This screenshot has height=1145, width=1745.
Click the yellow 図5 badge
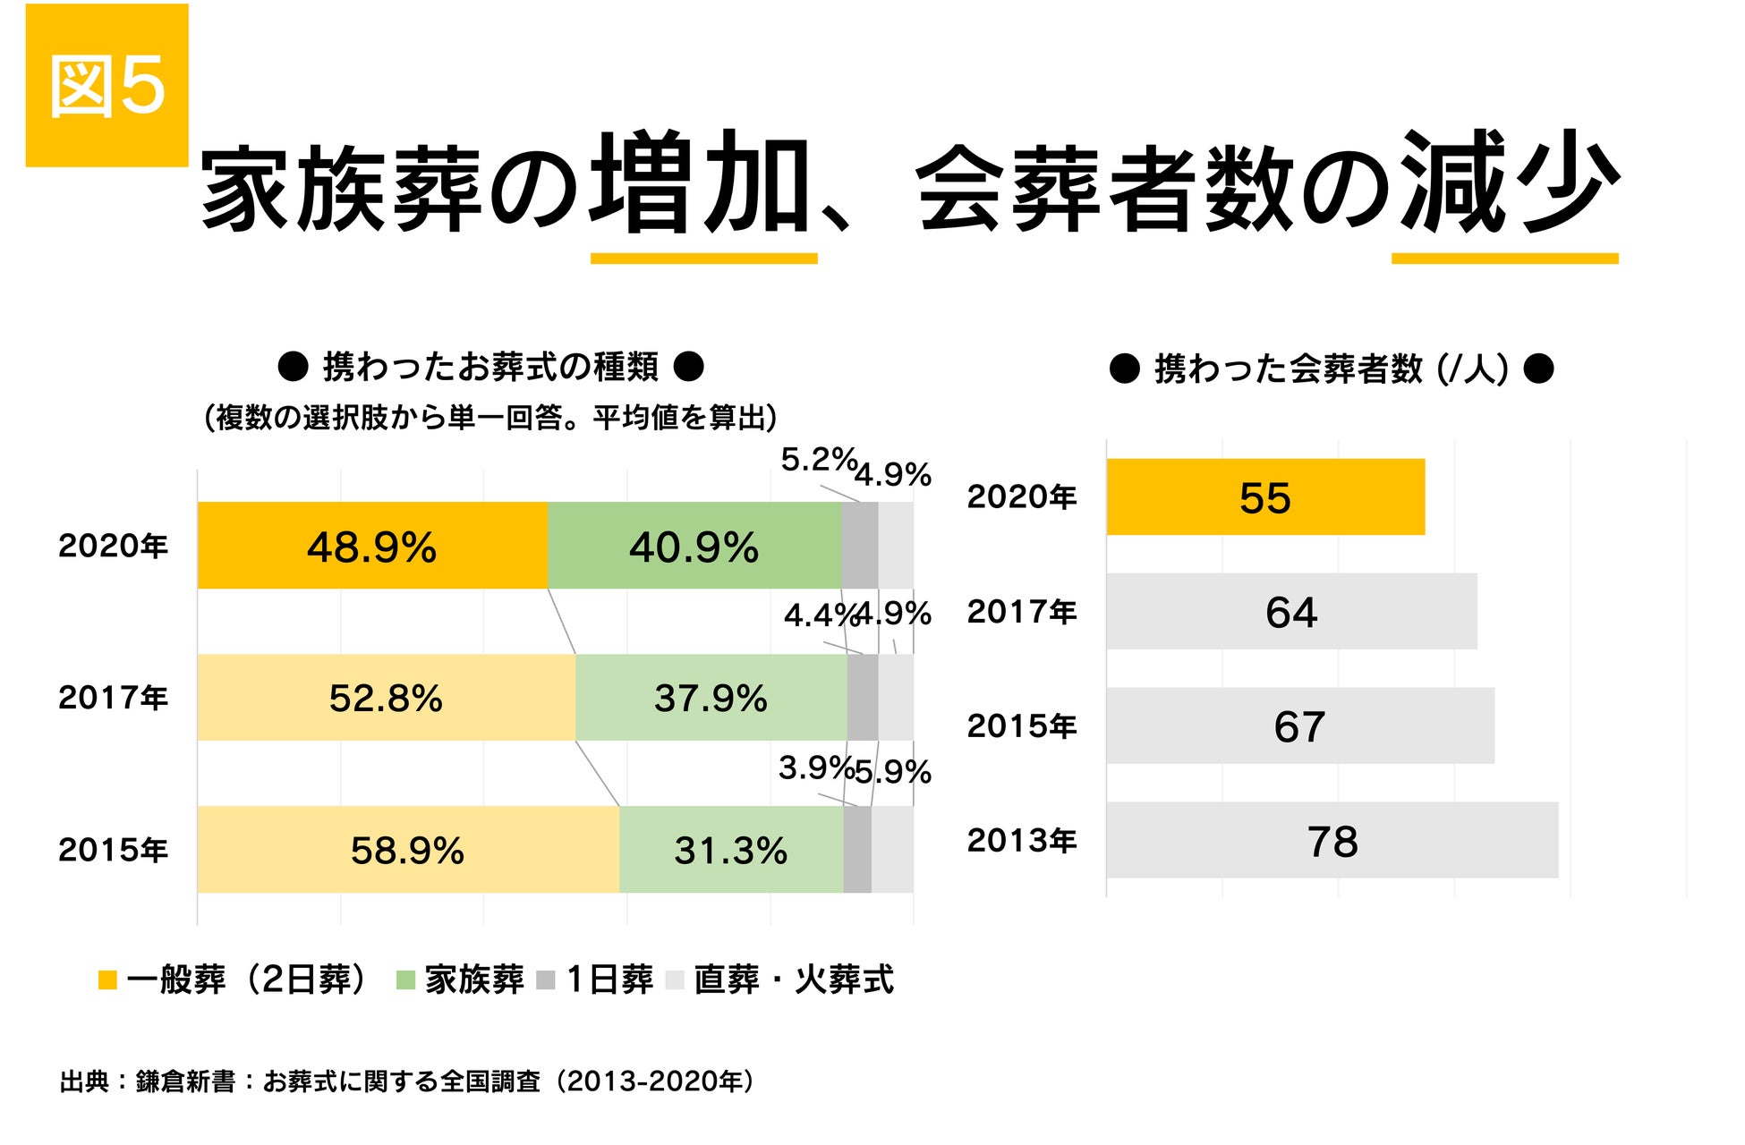(x=106, y=85)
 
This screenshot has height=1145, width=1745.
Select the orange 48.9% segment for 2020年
(x=372, y=546)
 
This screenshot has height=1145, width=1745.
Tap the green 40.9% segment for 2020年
(x=694, y=546)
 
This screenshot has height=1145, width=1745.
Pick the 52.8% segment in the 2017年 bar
(x=386, y=698)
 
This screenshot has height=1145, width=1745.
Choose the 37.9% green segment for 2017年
(x=711, y=698)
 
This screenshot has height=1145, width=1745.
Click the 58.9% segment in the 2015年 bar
(x=408, y=850)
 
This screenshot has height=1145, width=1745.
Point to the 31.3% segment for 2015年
(x=731, y=850)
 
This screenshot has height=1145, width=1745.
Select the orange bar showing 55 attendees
(x=1264, y=497)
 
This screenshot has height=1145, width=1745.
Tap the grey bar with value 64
(x=1291, y=612)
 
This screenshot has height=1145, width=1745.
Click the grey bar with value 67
(x=1299, y=726)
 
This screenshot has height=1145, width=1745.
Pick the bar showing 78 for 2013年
(x=1332, y=841)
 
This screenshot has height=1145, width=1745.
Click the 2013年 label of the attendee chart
(x=1021, y=841)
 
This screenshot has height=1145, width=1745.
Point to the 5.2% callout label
(x=817, y=460)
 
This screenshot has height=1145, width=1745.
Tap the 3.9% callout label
(x=814, y=768)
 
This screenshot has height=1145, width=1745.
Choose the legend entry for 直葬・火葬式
(x=793, y=980)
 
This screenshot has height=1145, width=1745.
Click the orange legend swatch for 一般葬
(x=107, y=980)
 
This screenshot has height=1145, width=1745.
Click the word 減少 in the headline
(x=1509, y=183)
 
